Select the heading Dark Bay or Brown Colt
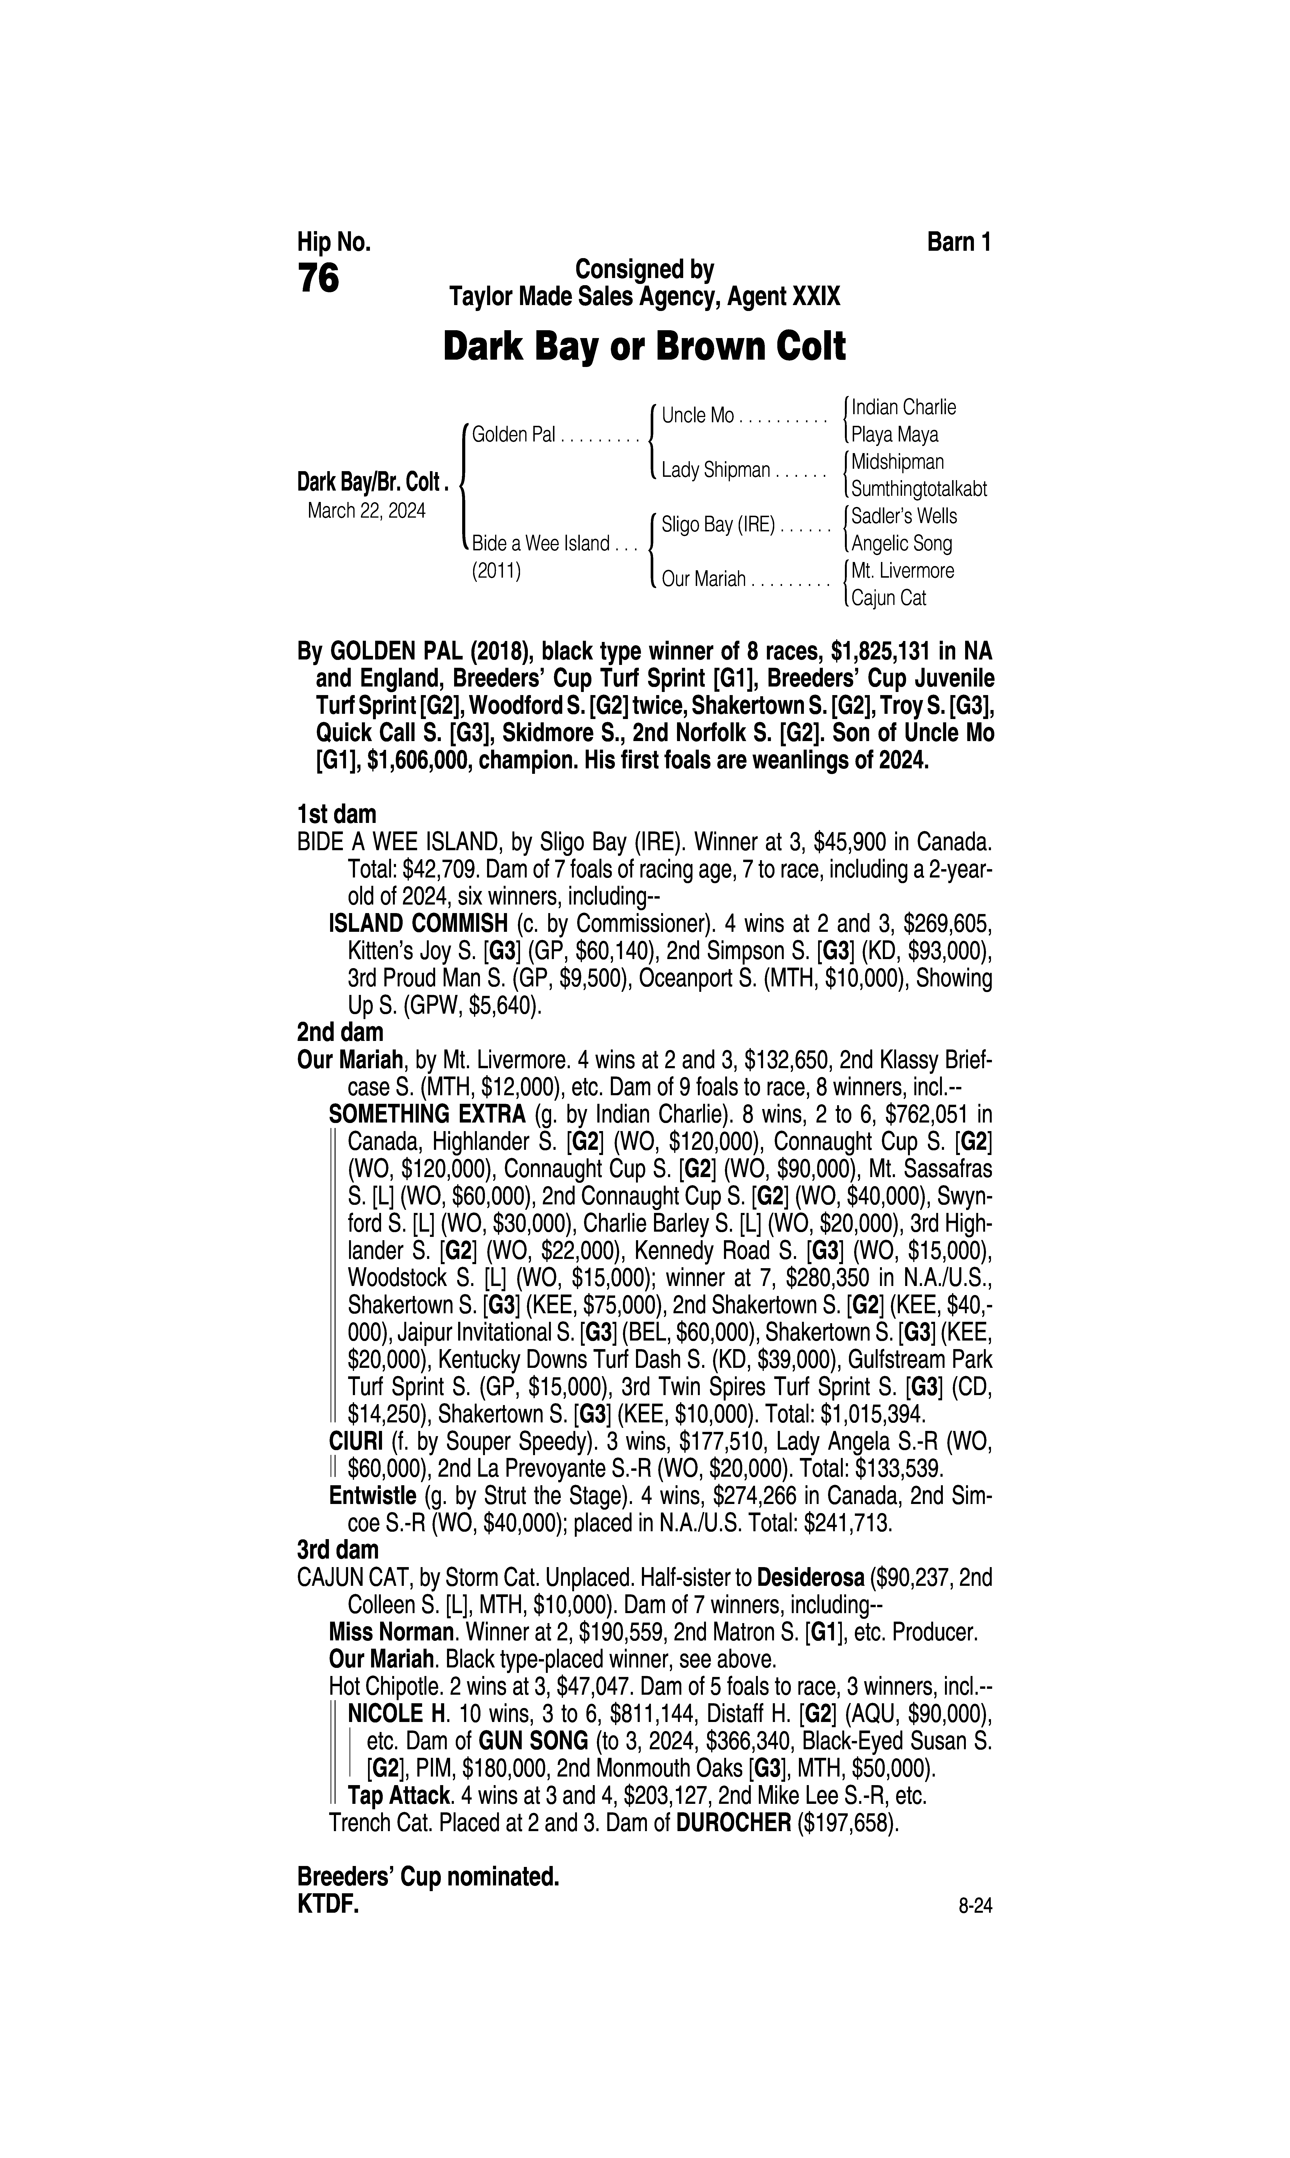(x=644, y=347)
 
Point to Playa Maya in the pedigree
(x=894, y=434)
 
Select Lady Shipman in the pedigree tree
(x=715, y=470)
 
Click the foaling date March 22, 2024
(x=366, y=510)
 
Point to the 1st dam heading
(x=336, y=815)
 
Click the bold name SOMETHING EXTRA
(x=427, y=1114)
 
